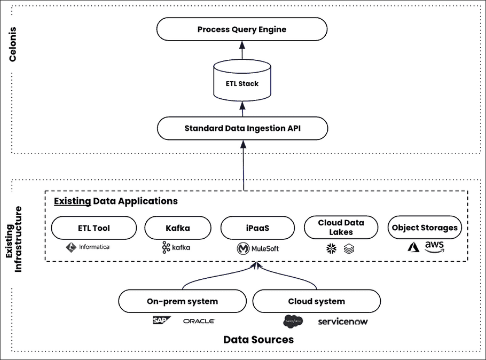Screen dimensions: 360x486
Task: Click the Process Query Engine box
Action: coord(242,29)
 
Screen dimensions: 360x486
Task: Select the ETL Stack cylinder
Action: coord(241,83)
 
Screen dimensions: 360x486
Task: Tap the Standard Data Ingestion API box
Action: coord(242,128)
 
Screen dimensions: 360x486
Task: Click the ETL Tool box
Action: coord(93,228)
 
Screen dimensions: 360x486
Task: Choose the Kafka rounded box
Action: coord(177,228)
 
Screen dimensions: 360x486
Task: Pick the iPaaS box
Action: coord(257,228)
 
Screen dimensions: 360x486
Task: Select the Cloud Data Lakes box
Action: coord(341,228)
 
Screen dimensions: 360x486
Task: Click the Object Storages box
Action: coord(425,228)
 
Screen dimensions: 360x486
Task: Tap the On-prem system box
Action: coord(182,301)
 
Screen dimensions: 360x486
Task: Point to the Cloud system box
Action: coord(316,301)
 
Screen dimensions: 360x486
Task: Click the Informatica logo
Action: coord(88,247)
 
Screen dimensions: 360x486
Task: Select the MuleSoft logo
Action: coord(257,248)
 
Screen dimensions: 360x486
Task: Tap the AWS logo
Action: coord(434,246)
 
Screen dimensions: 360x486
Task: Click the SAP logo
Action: coord(161,320)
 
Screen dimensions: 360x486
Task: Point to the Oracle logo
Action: coord(199,321)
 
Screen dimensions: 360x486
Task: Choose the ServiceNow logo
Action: coord(342,322)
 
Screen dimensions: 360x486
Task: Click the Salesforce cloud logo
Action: coord(293,321)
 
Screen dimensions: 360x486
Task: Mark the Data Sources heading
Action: coord(258,340)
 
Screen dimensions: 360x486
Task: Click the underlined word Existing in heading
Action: coord(72,201)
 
